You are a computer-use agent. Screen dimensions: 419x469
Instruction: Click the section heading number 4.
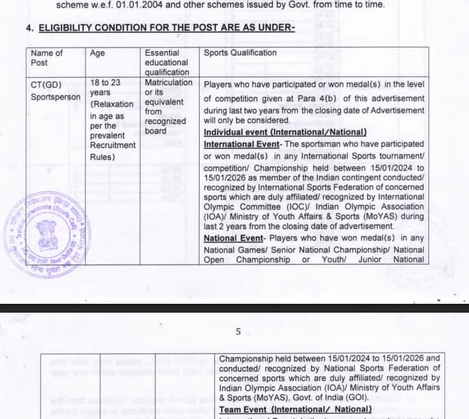[x=29, y=28]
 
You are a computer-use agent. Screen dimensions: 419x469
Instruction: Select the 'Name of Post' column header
[x=47, y=58]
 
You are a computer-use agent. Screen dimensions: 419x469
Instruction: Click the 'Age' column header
[x=98, y=53]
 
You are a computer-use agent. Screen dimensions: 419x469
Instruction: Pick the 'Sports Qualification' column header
[x=240, y=53]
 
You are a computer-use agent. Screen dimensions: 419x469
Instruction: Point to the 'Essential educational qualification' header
[x=167, y=62]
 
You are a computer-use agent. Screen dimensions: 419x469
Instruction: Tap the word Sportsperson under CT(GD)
[x=56, y=97]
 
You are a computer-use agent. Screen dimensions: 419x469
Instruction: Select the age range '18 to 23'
[x=105, y=83]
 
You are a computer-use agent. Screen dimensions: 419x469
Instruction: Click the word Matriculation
[x=169, y=83]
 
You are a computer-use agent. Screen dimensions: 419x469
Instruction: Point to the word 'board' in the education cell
[x=155, y=131]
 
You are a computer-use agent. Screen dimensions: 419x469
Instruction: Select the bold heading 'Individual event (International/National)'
[x=285, y=132]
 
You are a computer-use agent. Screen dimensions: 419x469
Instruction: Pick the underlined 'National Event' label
[x=233, y=238]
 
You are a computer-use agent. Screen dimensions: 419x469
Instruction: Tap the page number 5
[x=238, y=331]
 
